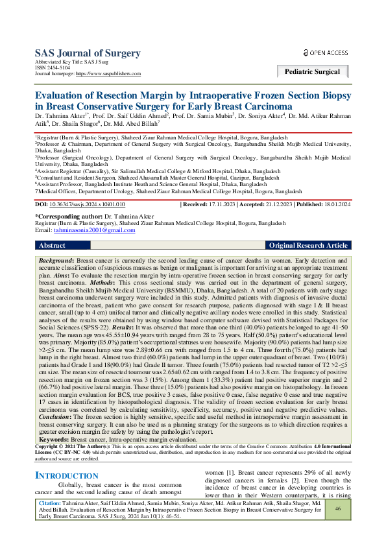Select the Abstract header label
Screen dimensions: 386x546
pos(52,246)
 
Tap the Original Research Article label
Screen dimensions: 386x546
pos(308,246)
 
